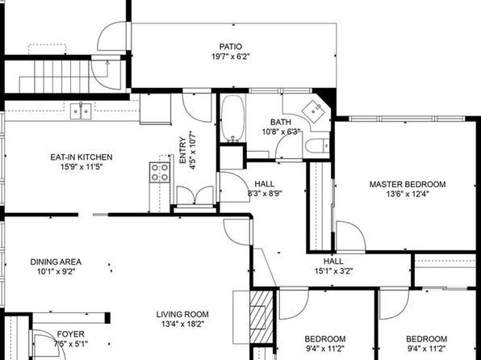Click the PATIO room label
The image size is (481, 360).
point(230,47)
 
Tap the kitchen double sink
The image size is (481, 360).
point(81,111)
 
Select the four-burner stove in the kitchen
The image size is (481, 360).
point(160,173)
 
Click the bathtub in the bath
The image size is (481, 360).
point(232,119)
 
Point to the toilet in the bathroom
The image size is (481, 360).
point(317,145)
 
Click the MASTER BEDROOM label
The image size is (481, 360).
point(408,185)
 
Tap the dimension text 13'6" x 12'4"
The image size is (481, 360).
point(408,194)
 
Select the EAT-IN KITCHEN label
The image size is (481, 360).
point(82,157)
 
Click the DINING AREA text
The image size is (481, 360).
point(56,262)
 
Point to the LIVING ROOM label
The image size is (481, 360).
point(182,315)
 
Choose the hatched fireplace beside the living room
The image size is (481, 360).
point(261,317)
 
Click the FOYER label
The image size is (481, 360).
point(70,334)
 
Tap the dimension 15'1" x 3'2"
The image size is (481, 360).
point(333,271)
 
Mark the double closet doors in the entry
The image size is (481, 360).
point(195,195)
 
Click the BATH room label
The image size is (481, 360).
point(281,122)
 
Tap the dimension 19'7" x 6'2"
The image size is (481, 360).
point(230,57)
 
